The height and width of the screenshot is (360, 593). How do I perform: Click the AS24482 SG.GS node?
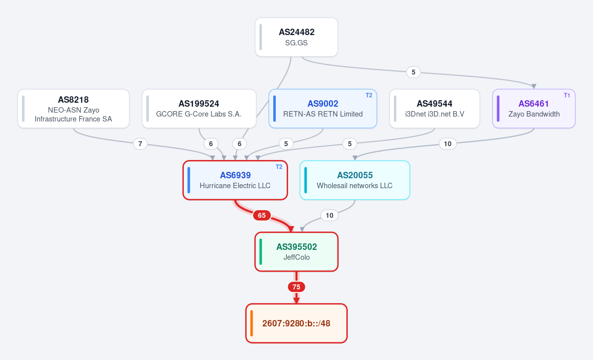pyautogui.click(x=296, y=37)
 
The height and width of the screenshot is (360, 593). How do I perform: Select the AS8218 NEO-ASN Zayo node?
pyautogui.click(x=73, y=109)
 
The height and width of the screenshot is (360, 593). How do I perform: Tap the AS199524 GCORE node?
pyautogui.click(x=199, y=109)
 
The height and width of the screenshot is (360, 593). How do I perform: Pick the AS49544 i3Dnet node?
pyautogui.click(x=434, y=109)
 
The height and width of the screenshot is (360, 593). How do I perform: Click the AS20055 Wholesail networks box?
pyautogui.click(x=355, y=180)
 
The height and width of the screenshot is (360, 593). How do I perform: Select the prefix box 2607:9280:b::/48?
pyautogui.click(x=296, y=323)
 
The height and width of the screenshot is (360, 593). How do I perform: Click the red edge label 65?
pyautogui.click(x=262, y=215)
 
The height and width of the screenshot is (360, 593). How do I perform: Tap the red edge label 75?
pyautogui.click(x=296, y=287)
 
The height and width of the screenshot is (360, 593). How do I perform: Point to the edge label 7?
pyautogui.click(x=140, y=144)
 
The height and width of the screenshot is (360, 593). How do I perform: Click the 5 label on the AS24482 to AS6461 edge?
pyautogui.click(x=413, y=72)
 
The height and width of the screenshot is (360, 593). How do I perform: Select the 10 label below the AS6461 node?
pyautogui.click(x=447, y=144)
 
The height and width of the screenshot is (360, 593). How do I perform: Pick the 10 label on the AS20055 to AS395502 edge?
pyautogui.click(x=329, y=215)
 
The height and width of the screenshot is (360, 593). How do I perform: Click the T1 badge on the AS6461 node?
pyautogui.click(x=567, y=95)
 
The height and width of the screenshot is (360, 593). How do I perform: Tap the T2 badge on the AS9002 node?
pyautogui.click(x=369, y=95)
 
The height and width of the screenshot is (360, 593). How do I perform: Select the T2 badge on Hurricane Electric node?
pyautogui.click(x=279, y=167)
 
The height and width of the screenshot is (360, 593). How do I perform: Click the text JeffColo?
pyautogui.click(x=296, y=257)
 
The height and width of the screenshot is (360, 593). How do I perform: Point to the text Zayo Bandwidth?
pyautogui.click(x=534, y=114)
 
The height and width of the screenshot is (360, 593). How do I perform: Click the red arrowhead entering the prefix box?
pyautogui.click(x=296, y=300)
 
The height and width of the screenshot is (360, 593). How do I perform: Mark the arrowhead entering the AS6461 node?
pyautogui.click(x=534, y=86)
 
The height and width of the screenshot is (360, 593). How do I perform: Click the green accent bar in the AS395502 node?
pyautogui.click(x=261, y=251)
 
